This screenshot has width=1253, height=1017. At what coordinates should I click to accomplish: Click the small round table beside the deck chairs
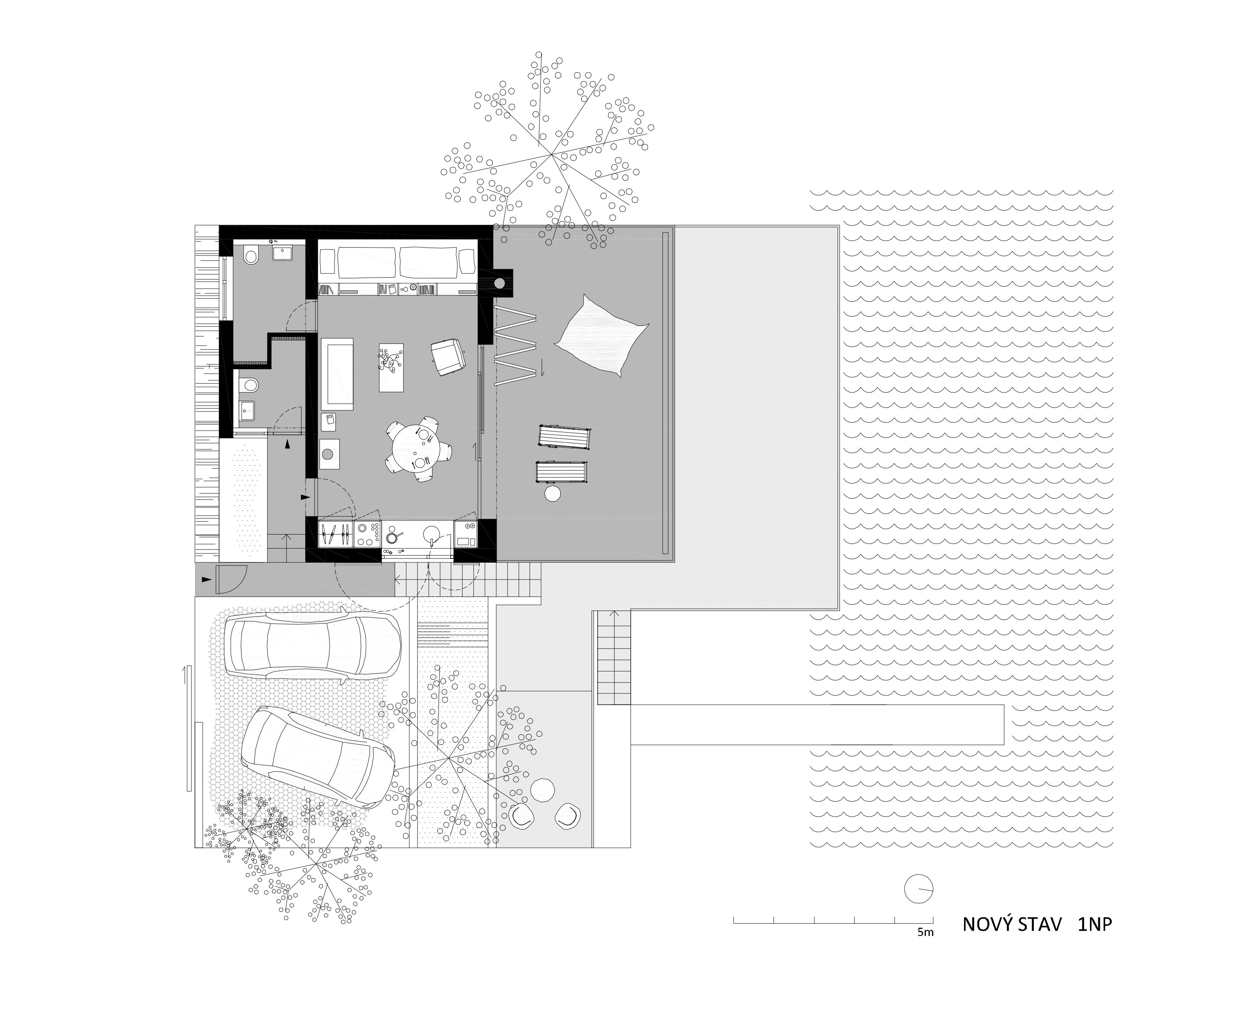(x=552, y=494)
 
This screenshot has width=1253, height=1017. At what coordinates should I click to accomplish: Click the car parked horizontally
(x=313, y=645)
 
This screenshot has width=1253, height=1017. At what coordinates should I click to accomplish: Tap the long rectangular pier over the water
(x=817, y=725)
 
